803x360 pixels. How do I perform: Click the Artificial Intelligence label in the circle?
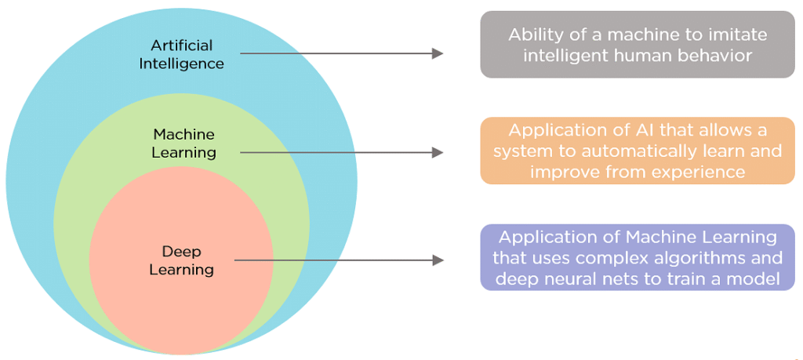181,54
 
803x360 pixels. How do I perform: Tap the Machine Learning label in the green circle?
183,143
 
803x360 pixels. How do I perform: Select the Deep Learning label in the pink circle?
182,260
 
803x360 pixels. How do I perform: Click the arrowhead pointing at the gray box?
438,53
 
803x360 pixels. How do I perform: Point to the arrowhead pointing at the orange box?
438,152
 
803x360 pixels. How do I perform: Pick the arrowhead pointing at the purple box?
438,260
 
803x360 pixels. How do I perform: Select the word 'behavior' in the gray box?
710,56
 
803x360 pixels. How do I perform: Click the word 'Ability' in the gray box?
535,35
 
